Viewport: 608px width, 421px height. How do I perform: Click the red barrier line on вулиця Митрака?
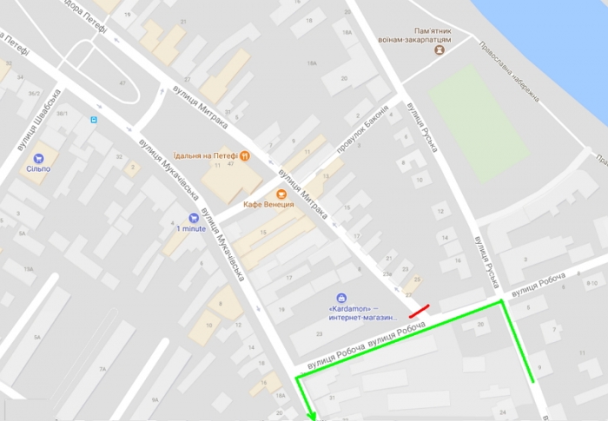(420, 311)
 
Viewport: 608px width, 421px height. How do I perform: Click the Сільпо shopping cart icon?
(38, 159)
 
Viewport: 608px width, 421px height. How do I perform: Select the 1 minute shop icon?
(193, 218)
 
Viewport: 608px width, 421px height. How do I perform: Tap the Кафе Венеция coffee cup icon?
(281, 194)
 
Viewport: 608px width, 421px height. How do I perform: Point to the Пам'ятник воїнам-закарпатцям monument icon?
(439, 51)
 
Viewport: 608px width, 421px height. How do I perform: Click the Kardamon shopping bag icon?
(341, 298)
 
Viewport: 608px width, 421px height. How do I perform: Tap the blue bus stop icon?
(94, 120)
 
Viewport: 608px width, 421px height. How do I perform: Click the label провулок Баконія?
(362, 135)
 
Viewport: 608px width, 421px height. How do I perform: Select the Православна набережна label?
(511, 71)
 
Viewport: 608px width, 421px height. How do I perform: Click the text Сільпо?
(38, 170)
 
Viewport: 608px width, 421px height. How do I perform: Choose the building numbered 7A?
(104, 370)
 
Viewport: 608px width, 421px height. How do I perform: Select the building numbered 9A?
(155, 400)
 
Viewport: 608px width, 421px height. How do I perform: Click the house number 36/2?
(34, 94)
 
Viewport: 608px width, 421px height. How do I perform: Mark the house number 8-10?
(593, 283)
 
